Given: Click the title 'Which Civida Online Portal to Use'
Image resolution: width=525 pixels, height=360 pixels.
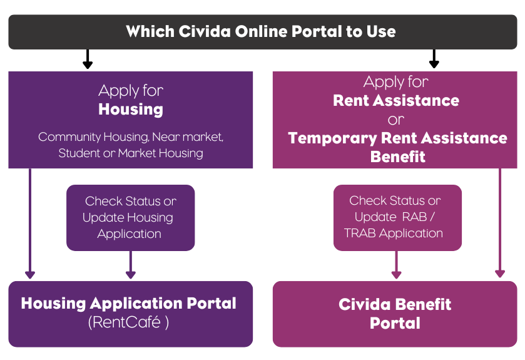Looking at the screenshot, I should (261, 31).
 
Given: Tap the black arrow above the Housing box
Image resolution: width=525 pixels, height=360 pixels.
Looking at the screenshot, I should (88, 59).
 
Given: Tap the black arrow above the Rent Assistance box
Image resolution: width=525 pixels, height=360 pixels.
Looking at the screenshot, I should (434, 59).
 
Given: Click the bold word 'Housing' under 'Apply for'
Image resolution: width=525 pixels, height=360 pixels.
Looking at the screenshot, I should (130, 110).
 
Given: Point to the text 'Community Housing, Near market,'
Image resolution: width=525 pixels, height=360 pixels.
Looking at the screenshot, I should (130, 136).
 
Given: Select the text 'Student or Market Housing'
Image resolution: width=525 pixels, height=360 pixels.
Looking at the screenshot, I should (130, 153).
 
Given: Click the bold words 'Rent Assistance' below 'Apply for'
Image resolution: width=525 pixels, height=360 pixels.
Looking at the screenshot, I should (396, 100).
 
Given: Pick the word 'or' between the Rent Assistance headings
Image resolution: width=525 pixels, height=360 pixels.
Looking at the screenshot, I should (396, 119).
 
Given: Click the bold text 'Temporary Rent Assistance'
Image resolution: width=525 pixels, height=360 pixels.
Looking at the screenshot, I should (397, 138).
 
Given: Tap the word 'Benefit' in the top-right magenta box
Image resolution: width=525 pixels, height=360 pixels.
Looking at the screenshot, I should (397, 157).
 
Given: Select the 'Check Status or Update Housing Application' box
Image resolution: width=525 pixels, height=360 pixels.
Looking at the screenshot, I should (130, 217).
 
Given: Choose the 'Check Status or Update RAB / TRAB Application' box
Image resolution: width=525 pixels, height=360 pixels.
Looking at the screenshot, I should (397, 217).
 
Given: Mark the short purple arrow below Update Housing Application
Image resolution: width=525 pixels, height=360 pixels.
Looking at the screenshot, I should (131, 265).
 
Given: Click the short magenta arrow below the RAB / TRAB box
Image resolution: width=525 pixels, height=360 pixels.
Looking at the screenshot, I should (395, 265).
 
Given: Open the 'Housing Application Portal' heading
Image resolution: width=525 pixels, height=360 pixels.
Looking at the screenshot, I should (129, 304).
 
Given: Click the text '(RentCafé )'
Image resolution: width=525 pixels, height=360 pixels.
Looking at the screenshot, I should (129, 322).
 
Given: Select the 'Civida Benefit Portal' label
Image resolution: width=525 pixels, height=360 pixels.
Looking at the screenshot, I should (395, 314).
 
